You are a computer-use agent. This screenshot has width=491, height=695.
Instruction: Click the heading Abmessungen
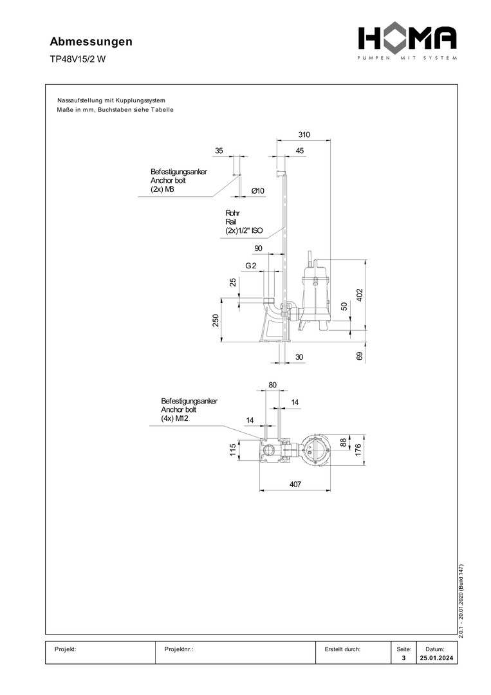[91, 42]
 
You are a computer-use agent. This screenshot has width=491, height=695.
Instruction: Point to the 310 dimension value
[304, 134]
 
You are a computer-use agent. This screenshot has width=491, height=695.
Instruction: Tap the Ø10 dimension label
[258, 190]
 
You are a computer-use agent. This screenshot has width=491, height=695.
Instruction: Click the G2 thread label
[251, 266]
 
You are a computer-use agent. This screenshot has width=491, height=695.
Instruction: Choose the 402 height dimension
[360, 295]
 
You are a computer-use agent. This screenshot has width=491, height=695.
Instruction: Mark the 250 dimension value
[217, 320]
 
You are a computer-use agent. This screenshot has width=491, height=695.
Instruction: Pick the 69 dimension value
[360, 355]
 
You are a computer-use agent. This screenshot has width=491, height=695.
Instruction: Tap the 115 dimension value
[233, 450]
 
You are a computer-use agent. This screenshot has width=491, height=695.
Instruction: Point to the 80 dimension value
[272, 385]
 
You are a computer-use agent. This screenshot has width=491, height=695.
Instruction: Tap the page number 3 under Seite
[403, 659]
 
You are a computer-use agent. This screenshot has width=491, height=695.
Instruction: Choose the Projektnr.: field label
[180, 649]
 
